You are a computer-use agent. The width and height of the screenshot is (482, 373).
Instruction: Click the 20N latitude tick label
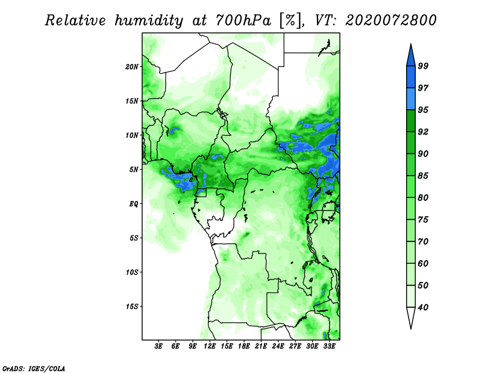(x=132, y=67)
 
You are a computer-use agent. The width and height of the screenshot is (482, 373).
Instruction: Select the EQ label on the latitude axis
(x=134, y=204)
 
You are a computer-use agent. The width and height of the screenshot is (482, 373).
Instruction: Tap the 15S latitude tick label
(x=132, y=307)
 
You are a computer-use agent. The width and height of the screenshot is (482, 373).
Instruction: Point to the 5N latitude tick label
(x=134, y=170)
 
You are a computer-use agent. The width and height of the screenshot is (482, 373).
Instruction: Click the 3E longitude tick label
(x=158, y=346)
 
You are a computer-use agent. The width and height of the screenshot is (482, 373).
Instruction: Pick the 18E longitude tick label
(x=244, y=346)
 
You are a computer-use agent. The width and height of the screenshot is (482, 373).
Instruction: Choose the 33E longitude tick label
(x=329, y=346)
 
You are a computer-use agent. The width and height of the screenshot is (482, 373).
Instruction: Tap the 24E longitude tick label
(x=278, y=346)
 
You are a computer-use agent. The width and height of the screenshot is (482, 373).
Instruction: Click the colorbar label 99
(x=423, y=66)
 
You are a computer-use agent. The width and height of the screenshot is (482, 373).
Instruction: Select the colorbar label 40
(x=423, y=307)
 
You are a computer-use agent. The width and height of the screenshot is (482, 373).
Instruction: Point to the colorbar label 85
(x=423, y=176)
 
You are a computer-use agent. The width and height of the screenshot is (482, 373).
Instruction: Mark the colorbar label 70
(x=423, y=241)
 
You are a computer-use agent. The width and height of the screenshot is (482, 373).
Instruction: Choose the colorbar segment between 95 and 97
(x=411, y=99)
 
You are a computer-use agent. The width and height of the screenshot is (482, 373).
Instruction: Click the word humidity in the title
(x=149, y=21)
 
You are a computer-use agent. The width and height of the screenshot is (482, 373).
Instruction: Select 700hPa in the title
(x=243, y=21)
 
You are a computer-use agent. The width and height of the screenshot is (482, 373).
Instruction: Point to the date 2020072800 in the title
(x=390, y=21)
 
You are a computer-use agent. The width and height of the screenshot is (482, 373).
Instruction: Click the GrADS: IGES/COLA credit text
(x=34, y=368)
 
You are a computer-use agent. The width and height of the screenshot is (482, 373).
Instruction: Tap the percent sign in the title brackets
(x=290, y=21)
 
